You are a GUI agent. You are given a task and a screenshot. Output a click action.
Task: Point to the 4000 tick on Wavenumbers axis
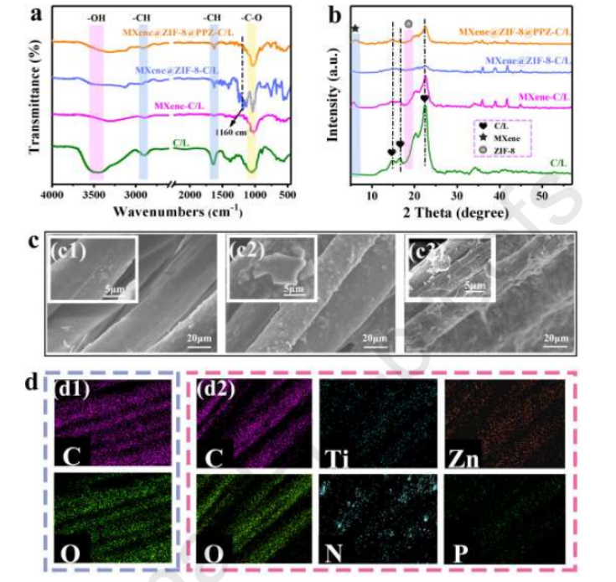[53, 194]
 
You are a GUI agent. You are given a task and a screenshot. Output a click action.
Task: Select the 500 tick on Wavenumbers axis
[287, 194]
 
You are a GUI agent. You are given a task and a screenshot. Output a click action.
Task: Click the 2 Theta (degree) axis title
[460, 213]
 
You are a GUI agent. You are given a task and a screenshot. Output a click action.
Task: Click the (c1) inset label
[68, 250]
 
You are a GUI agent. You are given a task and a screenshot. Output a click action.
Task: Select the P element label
[460, 553]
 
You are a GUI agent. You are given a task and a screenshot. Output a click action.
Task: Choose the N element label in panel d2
[335, 553]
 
